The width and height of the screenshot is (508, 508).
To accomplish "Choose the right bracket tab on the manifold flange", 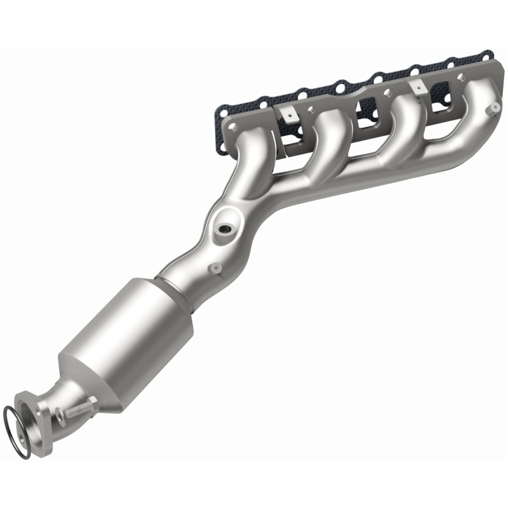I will pyautogui.click(x=417, y=86).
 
